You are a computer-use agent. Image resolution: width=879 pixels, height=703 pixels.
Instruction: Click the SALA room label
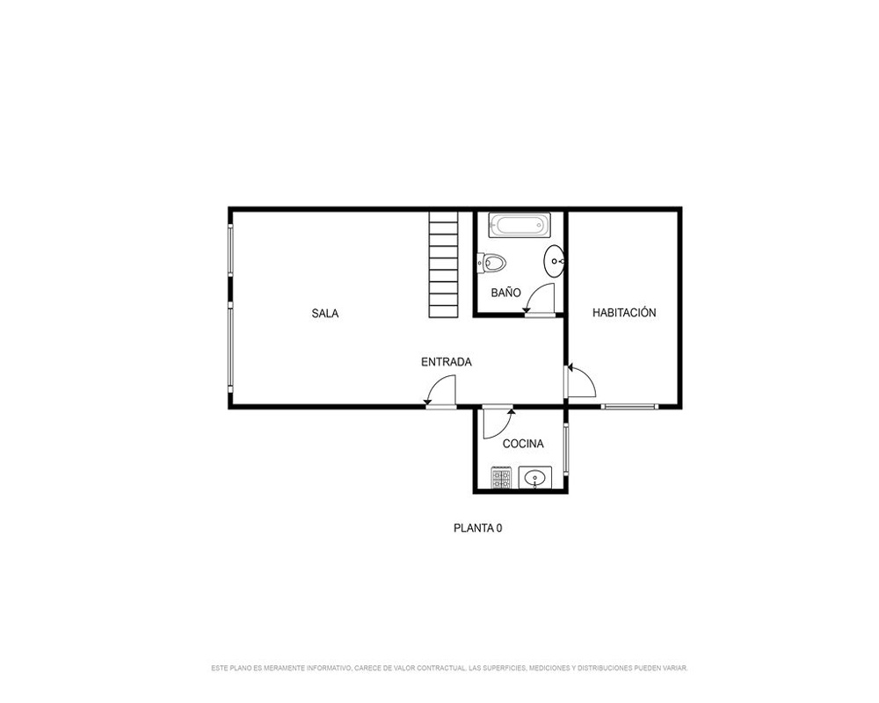click(325, 314)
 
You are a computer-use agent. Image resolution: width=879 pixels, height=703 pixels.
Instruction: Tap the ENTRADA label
click(447, 362)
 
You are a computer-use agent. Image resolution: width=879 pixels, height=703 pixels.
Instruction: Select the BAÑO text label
click(505, 292)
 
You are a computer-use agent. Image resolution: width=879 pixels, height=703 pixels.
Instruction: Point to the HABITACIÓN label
click(624, 312)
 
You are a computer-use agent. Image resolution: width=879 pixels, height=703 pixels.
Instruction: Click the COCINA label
click(523, 444)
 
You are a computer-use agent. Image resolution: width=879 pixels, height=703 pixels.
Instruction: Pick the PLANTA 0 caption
click(477, 528)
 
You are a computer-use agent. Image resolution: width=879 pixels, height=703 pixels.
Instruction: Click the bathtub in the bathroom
click(519, 225)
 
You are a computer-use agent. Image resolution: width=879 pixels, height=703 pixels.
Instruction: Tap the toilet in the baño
click(491, 263)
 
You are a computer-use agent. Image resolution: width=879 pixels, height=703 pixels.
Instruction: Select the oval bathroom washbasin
click(554, 261)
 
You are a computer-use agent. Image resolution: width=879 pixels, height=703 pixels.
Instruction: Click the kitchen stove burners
click(501, 478)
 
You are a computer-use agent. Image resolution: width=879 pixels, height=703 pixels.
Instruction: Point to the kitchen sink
click(534, 478)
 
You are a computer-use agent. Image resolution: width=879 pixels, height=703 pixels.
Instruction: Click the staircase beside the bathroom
click(443, 265)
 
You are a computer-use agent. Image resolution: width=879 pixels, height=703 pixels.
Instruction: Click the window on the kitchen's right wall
click(566, 450)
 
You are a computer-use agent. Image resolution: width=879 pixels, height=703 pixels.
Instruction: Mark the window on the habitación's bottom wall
click(629, 407)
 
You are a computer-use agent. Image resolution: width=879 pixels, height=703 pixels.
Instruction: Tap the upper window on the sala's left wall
click(230, 250)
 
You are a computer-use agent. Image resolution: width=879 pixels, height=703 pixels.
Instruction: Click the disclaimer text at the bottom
click(449, 668)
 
